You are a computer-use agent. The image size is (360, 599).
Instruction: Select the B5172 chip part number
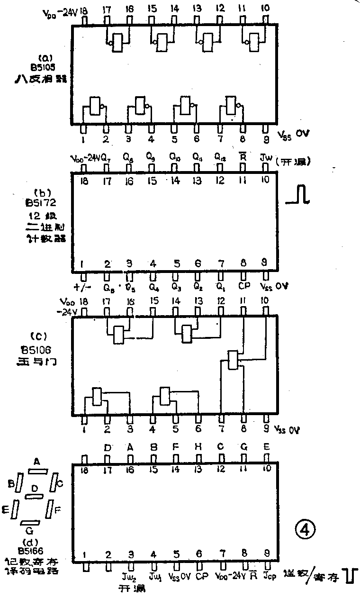[x=42, y=204]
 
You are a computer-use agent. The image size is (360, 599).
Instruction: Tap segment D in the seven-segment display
[x=34, y=495]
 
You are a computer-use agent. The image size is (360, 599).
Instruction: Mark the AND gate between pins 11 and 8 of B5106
[x=233, y=361]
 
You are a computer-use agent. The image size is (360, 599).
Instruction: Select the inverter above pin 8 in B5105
[x=233, y=105]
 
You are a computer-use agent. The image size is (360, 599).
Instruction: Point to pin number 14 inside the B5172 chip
[x=175, y=180]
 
